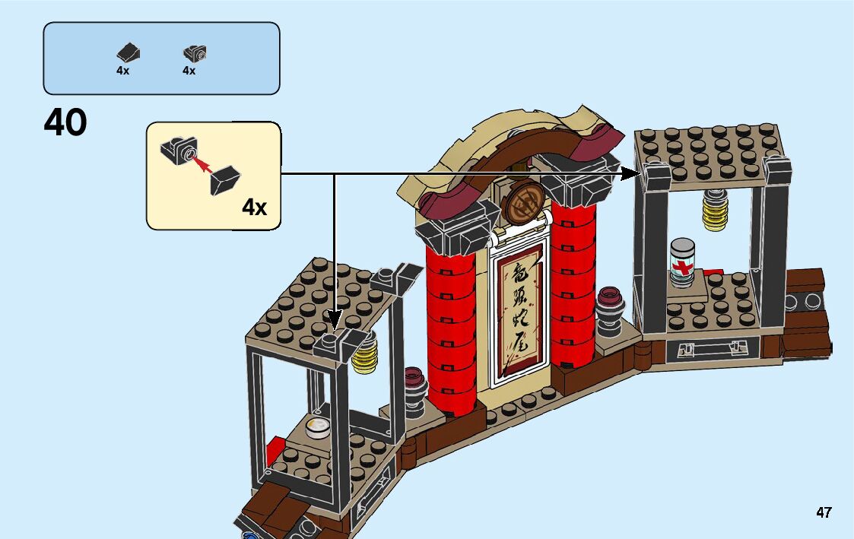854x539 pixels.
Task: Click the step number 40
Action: pyautogui.click(x=65, y=122)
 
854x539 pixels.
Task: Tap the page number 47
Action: pyautogui.click(x=824, y=512)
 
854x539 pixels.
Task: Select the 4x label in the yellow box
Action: pyautogui.click(x=254, y=206)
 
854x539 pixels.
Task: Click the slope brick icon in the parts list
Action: pyautogui.click(x=128, y=52)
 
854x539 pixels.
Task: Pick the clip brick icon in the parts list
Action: pyautogui.click(x=195, y=53)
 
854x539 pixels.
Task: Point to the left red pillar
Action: pyautogui.click(x=451, y=327)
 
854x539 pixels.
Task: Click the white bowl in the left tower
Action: pyautogui.click(x=318, y=429)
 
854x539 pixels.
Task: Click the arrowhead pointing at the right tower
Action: pyautogui.click(x=633, y=173)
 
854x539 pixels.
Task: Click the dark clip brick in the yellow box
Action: pyautogui.click(x=180, y=149)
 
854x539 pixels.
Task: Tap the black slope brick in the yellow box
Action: pyautogui.click(x=225, y=179)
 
